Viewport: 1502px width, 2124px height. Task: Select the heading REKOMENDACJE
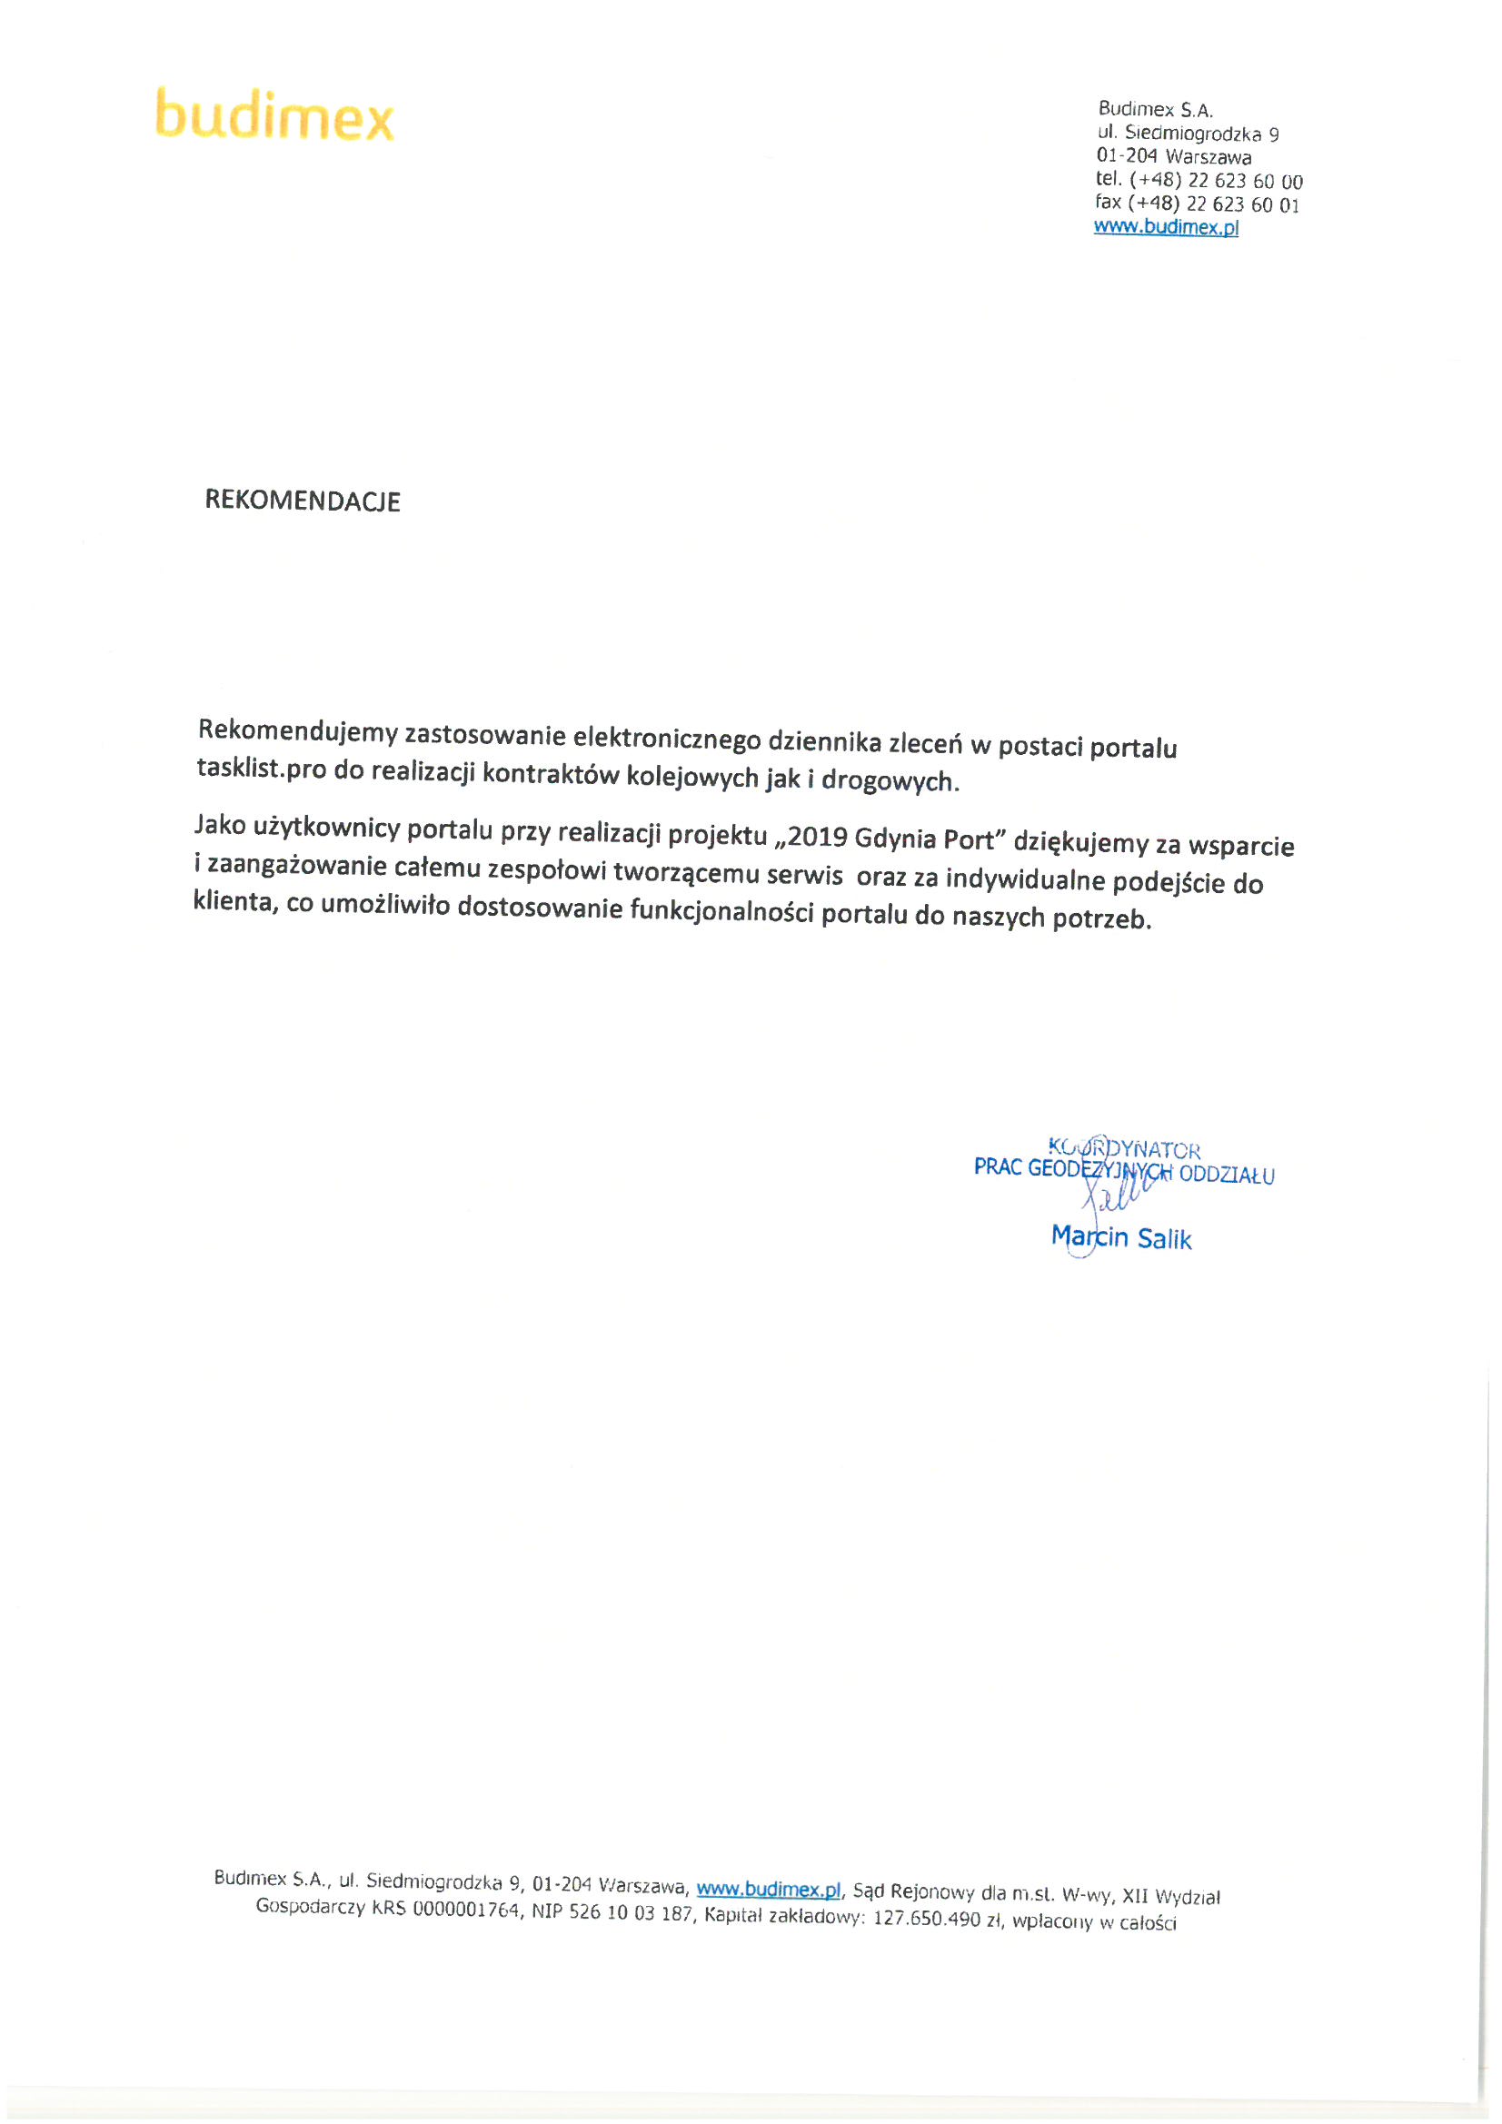[303, 501]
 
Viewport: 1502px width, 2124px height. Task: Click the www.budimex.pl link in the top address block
[1165, 226]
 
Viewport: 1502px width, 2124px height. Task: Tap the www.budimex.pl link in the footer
[768, 1888]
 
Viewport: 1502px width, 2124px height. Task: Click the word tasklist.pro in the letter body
[261, 768]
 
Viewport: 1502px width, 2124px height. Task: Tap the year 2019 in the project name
[817, 837]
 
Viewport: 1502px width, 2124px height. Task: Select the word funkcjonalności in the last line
[721, 912]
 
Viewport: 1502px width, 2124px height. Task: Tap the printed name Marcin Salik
[1120, 1237]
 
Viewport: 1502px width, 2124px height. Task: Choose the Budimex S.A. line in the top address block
[1155, 110]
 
